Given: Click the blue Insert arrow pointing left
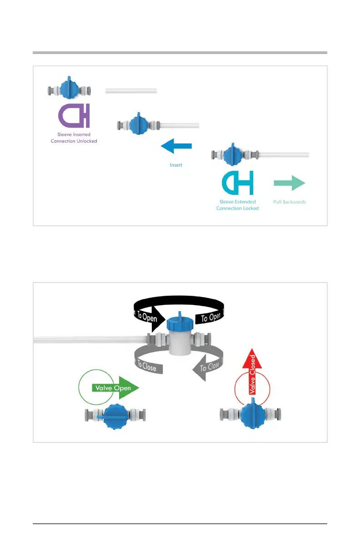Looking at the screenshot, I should tap(176, 146).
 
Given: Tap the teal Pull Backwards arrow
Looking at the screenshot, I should tap(290, 183).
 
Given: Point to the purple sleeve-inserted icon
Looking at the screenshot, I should tap(74, 116).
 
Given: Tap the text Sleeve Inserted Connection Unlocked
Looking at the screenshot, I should tap(74, 138).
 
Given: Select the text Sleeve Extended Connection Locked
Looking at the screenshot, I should tap(237, 205).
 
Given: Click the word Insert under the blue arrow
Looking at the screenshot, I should tap(176, 165).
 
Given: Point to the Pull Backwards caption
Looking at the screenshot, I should tap(290, 202).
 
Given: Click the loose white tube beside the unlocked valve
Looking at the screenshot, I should tap(131, 91).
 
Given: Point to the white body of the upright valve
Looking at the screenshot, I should tap(180, 343).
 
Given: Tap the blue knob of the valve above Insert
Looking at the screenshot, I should tap(139, 124).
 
